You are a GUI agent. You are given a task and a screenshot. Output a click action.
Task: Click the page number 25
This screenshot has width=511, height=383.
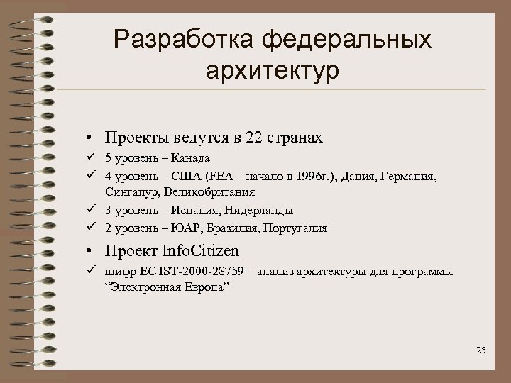tap(481, 350)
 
